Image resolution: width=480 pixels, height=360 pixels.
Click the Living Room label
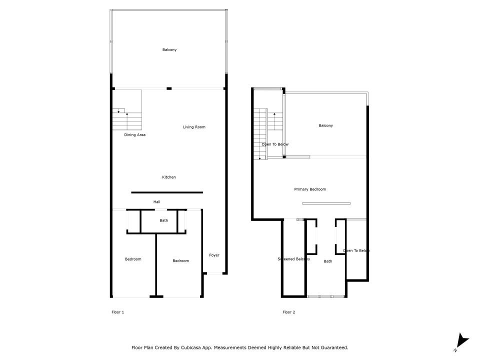pos(194,127)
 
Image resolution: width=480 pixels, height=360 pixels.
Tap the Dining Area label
pos(134,134)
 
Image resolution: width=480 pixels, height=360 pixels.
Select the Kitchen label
pos(168,177)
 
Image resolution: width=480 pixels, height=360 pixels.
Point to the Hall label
pos(156,201)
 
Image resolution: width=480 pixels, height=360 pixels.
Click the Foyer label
pos(214,255)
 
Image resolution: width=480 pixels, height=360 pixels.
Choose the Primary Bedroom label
pos(310,189)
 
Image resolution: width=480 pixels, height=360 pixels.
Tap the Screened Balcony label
pos(294,259)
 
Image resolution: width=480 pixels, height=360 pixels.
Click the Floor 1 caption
pos(118,312)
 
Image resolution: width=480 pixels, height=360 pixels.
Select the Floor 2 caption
pos(288,312)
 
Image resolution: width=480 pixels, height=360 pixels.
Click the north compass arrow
pos(461,341)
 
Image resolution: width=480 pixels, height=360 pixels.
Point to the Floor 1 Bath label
pos(164,220)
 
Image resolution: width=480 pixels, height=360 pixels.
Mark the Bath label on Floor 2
pos(328,261)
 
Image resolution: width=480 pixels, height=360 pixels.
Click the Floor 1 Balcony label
pos(169,49)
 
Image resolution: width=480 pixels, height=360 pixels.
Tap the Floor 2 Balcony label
pos(325,125)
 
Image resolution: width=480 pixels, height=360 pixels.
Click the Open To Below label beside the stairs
pos(275,144)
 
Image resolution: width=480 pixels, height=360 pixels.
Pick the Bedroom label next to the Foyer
pos(180,261)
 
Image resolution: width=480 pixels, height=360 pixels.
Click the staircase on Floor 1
pos(127,119)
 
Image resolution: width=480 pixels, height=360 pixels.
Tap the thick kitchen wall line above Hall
pos(167,192)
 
